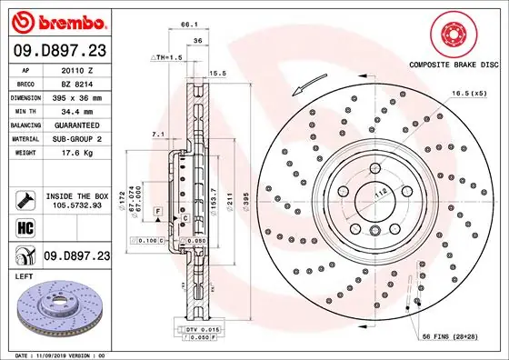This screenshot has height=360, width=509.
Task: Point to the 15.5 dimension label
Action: pos(218,73)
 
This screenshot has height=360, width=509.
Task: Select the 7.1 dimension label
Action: pos(156,135)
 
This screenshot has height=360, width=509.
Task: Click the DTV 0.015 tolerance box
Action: pos(196,328)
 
